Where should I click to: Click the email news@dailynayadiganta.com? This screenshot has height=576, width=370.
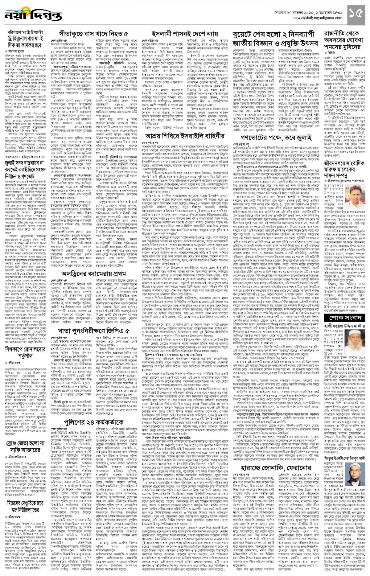click(311, 18)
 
